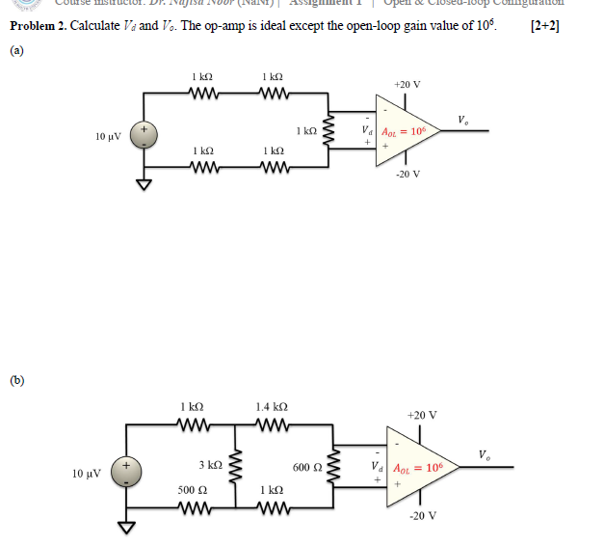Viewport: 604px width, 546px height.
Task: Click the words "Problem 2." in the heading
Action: [x=38, y=25]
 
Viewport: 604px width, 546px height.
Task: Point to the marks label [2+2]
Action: [x=545, y=25]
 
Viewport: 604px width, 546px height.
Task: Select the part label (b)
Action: [x=15, y=379]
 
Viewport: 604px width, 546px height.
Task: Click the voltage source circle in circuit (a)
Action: [x=145, y=134]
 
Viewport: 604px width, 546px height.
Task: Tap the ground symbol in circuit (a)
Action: [x=145, y=185]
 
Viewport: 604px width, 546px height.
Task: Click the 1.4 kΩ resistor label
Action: [x=272, y=407]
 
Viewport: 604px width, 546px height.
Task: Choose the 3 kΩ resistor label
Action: [x=211, y=464]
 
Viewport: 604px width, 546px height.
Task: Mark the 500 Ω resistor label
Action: [x=193, y=490]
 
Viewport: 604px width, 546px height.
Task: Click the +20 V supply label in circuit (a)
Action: [x=408, y=85]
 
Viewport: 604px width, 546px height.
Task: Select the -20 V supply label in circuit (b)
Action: [x=422, y=515]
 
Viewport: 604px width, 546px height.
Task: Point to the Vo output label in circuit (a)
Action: [x=464, y=121]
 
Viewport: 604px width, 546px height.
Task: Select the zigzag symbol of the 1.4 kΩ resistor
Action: [x=272, y=423]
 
